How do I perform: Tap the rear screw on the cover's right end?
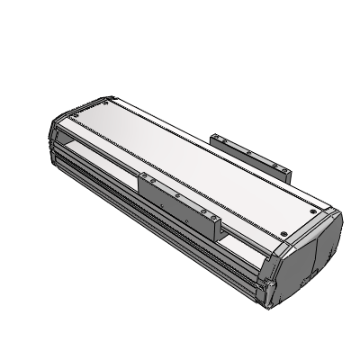point(312,209)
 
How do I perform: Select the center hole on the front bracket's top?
point(177,193)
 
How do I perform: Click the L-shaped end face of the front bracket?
point(220,230)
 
